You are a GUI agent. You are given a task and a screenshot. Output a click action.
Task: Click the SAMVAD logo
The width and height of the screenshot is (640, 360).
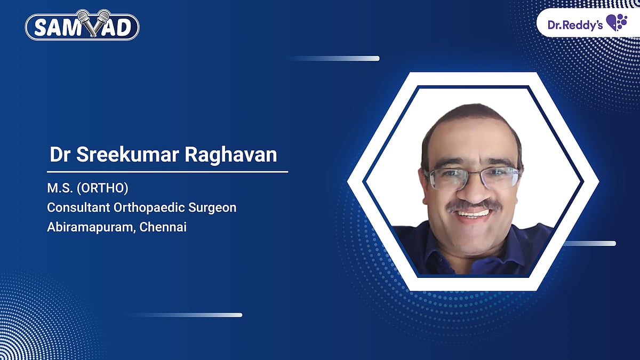pyautogui.click(x=82, y=26)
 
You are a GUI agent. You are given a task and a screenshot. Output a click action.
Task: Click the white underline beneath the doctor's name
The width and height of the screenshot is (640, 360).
pyautogui.click(x=167, y=172)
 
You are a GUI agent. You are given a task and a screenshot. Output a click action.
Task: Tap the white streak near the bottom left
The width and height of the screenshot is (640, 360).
pyautogui.click(x=187, y=315)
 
